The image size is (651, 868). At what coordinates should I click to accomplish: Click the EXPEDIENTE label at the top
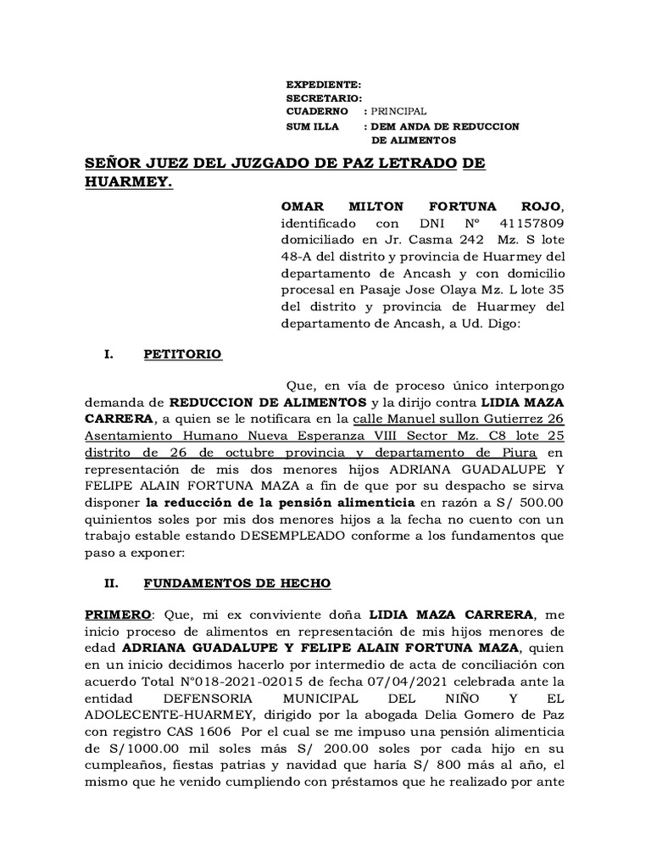pos(324,86)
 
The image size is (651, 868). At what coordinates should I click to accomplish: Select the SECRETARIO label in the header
pos(325,98)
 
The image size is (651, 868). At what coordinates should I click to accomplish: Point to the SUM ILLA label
pos(313,126)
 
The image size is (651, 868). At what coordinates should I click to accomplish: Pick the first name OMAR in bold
pos(304,208)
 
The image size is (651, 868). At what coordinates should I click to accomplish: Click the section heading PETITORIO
pos(183,354)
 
